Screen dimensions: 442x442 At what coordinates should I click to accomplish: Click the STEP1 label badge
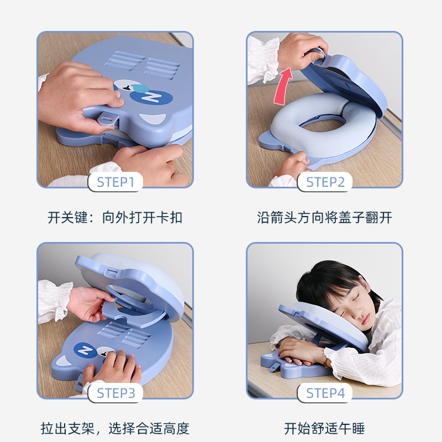(115, 182)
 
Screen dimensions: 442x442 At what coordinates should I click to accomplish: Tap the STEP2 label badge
(325, 182)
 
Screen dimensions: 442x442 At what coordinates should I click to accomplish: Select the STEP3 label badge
(115, 393)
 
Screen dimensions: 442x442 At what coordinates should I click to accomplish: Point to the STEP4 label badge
(325, 393)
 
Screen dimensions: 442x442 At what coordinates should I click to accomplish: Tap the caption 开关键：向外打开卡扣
(115, 217)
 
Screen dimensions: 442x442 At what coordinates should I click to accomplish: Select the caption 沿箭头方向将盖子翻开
(324, 217)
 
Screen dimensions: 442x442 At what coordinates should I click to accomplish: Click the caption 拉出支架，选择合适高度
(115, 428)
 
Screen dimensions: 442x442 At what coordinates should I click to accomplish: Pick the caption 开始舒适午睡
(324, 428)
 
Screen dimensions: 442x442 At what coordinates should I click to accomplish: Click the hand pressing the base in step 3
(113, 367)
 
